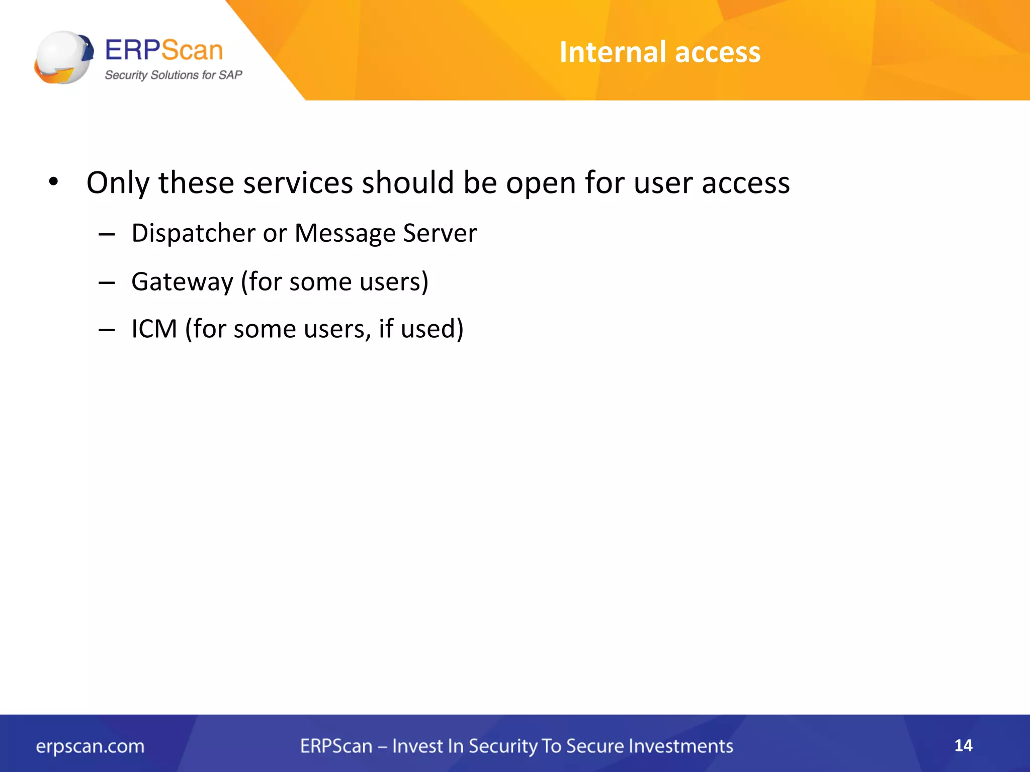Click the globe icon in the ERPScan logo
click(x=63, y=57)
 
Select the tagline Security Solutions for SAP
click(x=173, y=75)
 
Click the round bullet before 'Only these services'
click(x=53, y=181)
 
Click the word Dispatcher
click(x=194, y=233)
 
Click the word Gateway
click(x=183, y=281)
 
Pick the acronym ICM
click(x=154, y=329)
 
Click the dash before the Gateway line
click(x=107, y=282)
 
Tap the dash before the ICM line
click(x=107, y=330)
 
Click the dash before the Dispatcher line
click(x=107, y=234)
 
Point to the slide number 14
click(x=963, y=745)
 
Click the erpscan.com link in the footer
click(x=90, y=746)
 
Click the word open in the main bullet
click(x=541, y=183)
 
